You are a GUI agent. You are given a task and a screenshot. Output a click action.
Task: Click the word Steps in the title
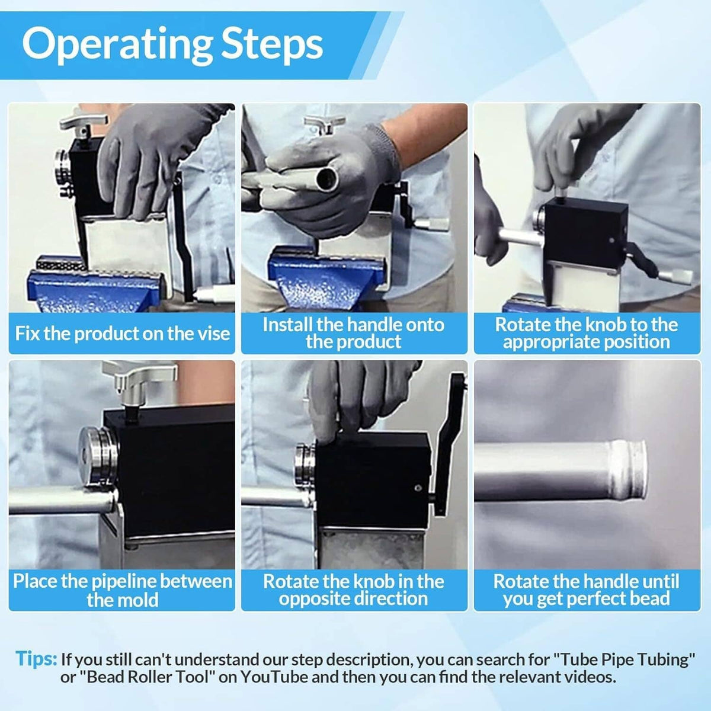272,45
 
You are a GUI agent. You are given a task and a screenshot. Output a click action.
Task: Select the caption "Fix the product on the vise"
122,333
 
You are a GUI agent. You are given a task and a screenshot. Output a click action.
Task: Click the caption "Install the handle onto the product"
354,333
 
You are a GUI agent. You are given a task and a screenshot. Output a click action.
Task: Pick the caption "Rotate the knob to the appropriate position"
587,333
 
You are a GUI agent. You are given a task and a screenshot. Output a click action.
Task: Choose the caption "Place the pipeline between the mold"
122,590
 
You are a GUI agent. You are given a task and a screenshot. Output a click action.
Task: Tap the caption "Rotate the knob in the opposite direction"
354,590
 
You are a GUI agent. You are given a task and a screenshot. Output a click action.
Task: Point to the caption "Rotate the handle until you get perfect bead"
587,590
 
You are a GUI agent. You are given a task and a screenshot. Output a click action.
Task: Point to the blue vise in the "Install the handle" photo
321,278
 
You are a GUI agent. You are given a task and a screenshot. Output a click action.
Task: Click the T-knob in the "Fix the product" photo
84,124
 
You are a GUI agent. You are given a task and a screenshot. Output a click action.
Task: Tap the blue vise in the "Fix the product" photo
97,290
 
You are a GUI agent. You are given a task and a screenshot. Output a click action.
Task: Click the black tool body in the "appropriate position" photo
586,232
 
